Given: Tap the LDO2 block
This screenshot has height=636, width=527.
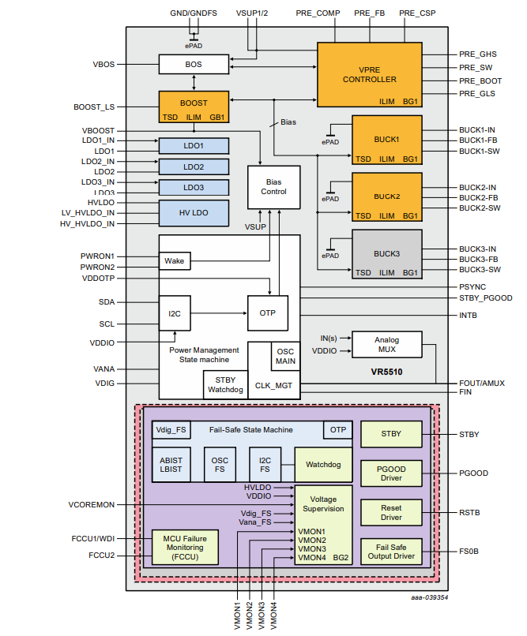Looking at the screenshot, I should coord(194,166).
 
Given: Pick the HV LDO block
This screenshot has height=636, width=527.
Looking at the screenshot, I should coord(194,212).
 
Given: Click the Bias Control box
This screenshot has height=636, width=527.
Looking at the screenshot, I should coord(273,186).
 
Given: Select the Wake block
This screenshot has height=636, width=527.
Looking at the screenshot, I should coord(175,260).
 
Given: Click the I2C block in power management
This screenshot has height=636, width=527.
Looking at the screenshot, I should coord(175,313).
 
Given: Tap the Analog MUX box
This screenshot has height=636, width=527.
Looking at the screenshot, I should coord(386,343).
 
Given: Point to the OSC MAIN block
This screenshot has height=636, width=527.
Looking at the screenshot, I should coord(285,357).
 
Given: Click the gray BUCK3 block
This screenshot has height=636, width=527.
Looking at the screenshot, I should coord(386,254).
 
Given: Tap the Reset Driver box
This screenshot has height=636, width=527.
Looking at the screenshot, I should coord(391,512).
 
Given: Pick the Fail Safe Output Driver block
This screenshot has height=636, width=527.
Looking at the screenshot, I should coord(391,551).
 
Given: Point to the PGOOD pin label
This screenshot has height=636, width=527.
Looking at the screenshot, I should coord(474,473).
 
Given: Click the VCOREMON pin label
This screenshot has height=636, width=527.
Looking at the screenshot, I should coord(91,504).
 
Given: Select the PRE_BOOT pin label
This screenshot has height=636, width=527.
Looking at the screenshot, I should coord(480,80).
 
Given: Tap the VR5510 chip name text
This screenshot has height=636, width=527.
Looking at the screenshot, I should coord(387,370).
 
